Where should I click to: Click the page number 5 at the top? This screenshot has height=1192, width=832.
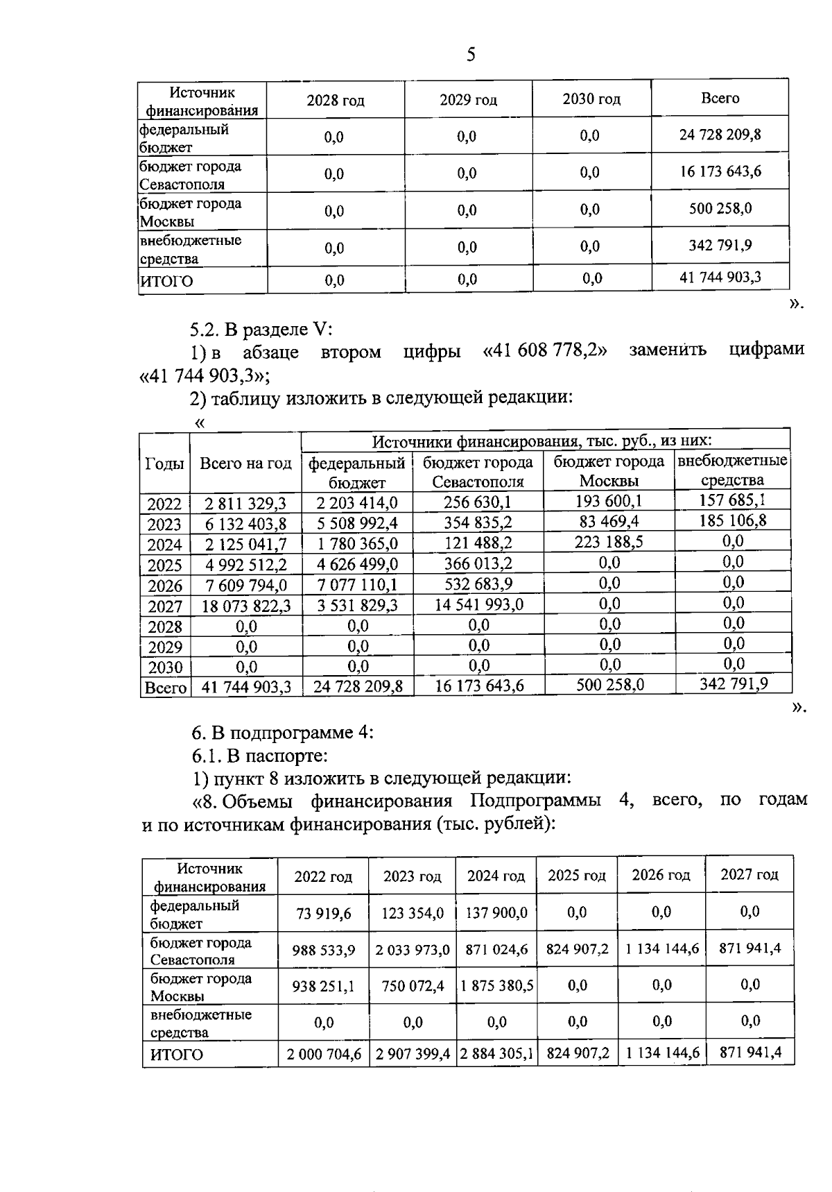(x=471, y=55)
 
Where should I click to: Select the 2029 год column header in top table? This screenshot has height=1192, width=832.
(x=468, y=100)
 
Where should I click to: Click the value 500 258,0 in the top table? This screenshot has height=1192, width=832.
(x=720, y=208)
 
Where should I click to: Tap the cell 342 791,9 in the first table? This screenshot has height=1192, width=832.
(x=720, y=245)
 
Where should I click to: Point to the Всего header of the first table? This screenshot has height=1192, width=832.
(x=720, y=99)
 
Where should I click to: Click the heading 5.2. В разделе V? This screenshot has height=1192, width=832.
(x=262, y=328)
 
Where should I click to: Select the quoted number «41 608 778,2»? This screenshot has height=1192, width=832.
(x=544, y=350)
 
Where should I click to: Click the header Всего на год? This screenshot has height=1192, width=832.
(x=245, y=463)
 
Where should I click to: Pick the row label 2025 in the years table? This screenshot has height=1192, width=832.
(x=164, y=565)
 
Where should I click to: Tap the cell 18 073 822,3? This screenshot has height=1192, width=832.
(x=246, y=606)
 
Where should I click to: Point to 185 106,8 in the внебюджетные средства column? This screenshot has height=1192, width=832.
(x=732, y=520)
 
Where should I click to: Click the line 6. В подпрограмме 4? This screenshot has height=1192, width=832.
(x=282, y=732)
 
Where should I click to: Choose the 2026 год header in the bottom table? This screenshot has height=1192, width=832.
(x=661, y=875)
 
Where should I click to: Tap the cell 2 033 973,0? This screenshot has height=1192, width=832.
(x=412, y=949)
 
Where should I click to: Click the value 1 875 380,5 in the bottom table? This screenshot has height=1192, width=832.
(x=496, y=985)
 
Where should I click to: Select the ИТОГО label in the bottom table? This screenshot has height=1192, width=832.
(x=177, y=1055)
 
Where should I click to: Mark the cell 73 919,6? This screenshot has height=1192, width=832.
(x=323, y=913)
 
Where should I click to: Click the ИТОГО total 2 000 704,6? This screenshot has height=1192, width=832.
(x=324, y=1054)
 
